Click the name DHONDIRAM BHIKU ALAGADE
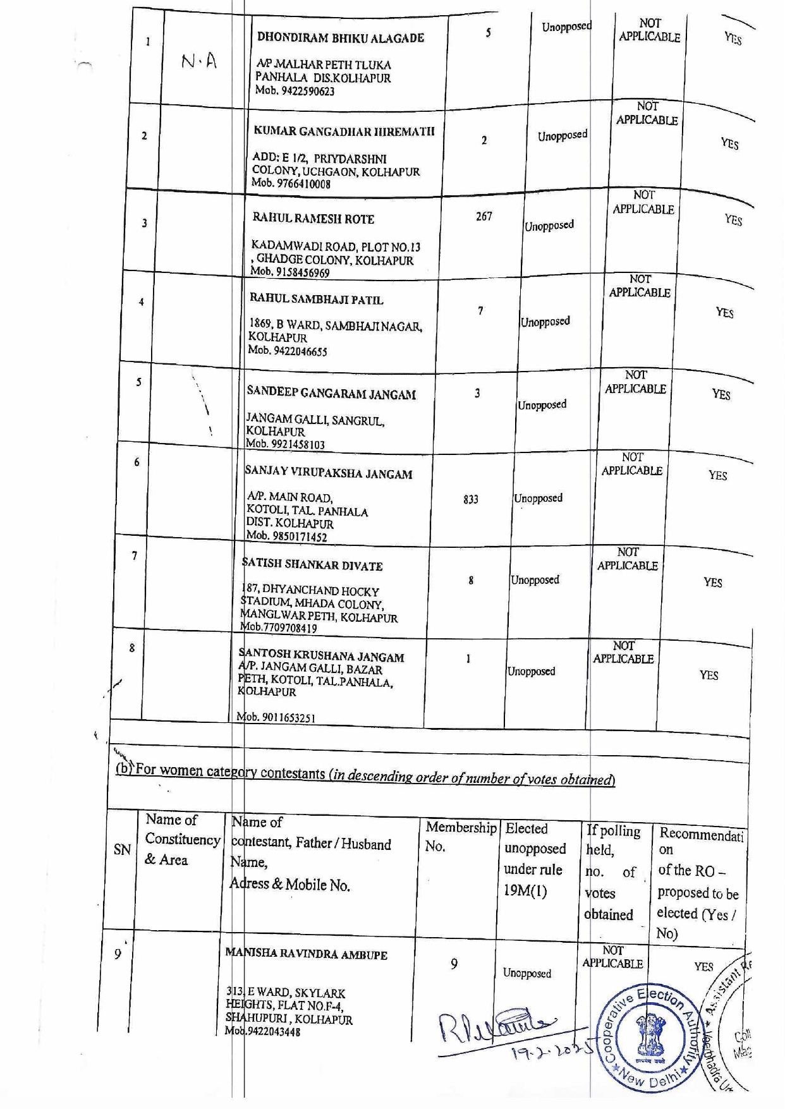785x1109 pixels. coord(340,37)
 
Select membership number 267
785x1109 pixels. coord(484,217)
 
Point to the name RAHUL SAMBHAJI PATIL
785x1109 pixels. coord(316,299)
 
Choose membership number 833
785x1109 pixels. coord(470,500)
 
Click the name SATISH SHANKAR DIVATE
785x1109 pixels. coord(313,565)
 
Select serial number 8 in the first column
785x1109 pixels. coord(131,648)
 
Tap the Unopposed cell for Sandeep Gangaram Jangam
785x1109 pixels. coord(542,405)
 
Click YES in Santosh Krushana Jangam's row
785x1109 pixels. coord(709,676)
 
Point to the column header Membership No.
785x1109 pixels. coord(460,836)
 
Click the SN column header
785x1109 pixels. coord(122,849)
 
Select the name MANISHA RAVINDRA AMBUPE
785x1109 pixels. coord(306,954)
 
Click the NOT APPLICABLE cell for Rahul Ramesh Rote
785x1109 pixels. coord(643,203)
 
